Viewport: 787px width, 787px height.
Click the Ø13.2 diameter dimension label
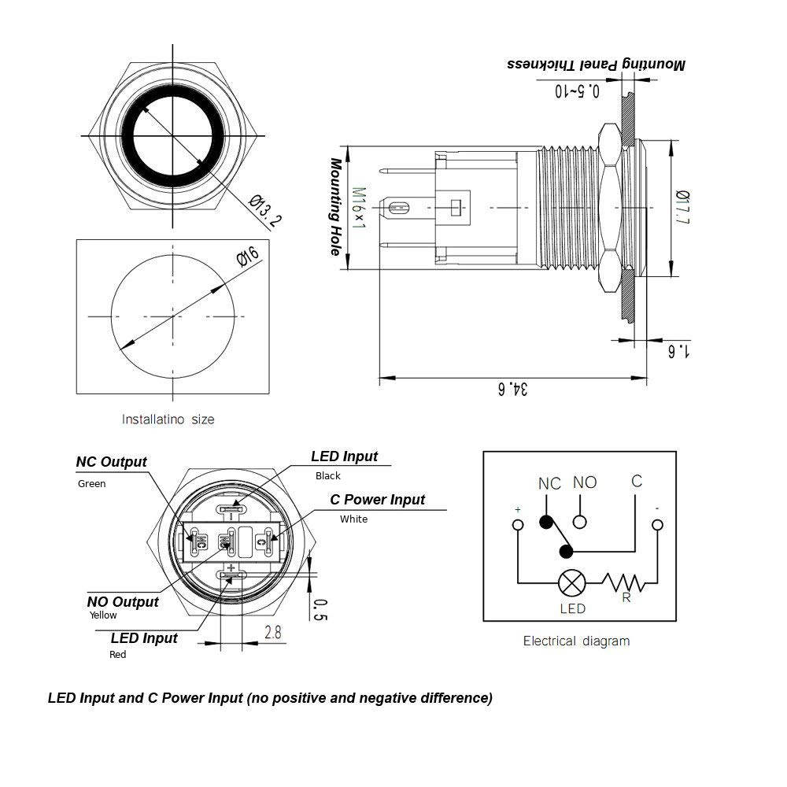pos(265,210)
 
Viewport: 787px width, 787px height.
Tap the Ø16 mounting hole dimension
pos(247,257)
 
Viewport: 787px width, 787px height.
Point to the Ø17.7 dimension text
pos(682,208)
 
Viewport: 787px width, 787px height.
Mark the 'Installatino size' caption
pos(168,419)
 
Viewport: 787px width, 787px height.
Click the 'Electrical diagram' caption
pos(576,641)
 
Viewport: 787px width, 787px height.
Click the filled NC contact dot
pos(545,521)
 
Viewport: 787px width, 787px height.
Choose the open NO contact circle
pos(580,521)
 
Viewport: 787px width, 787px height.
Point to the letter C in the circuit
pos(637,481)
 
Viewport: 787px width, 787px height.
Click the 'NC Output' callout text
pos(111,462)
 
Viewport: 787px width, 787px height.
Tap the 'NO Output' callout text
pos(123,602)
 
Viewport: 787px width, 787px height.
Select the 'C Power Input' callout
pos(377,500)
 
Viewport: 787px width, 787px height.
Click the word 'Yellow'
pos(103,615)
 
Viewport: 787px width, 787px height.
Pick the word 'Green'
pos(91,484)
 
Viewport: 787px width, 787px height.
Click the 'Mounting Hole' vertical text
pos(336,207)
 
